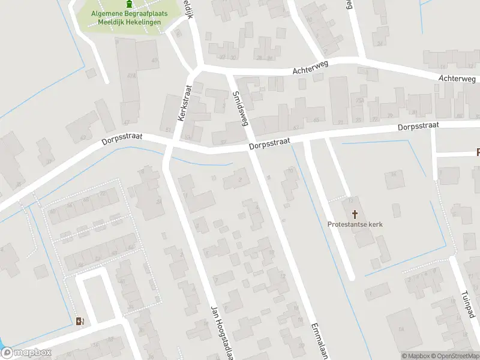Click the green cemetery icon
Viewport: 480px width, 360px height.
tap(128, 5)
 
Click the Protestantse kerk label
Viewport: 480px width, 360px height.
tap(355, 224)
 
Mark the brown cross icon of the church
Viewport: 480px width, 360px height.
tap(355, 214)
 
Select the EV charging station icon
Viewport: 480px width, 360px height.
tap(80, 321)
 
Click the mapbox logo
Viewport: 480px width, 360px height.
tap(26, 353)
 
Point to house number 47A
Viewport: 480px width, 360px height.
tap(131, 76)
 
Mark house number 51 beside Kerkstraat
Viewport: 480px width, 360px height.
tap(169, 129)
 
